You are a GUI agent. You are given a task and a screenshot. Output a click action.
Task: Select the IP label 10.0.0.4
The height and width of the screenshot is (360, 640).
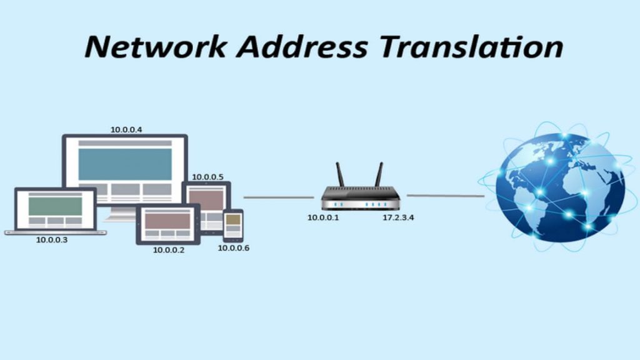(x=126, y=129)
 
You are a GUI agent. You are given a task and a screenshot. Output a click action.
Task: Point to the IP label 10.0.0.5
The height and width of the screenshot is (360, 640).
(x=207, y=177)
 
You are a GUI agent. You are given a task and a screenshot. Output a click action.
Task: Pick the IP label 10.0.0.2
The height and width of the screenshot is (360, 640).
(x=169, y=249)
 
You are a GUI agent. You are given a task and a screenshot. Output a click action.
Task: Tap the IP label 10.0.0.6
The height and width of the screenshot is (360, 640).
(x=234, y=248)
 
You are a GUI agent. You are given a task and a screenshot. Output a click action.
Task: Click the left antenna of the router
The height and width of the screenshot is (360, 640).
(x=341, y=175)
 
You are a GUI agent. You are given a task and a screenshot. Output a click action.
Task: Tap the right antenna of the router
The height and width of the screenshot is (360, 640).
(x=378, y=175)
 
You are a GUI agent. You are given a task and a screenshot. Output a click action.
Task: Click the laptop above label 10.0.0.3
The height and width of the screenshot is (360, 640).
(x=56, y=210)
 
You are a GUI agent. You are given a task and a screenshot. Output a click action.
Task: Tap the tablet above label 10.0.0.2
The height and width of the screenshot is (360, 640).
(x=167, y=224)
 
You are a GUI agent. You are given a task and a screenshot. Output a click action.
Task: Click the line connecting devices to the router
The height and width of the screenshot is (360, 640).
(x=278, y=197)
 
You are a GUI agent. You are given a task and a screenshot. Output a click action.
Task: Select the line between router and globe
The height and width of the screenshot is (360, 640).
(x=445, y=196)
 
